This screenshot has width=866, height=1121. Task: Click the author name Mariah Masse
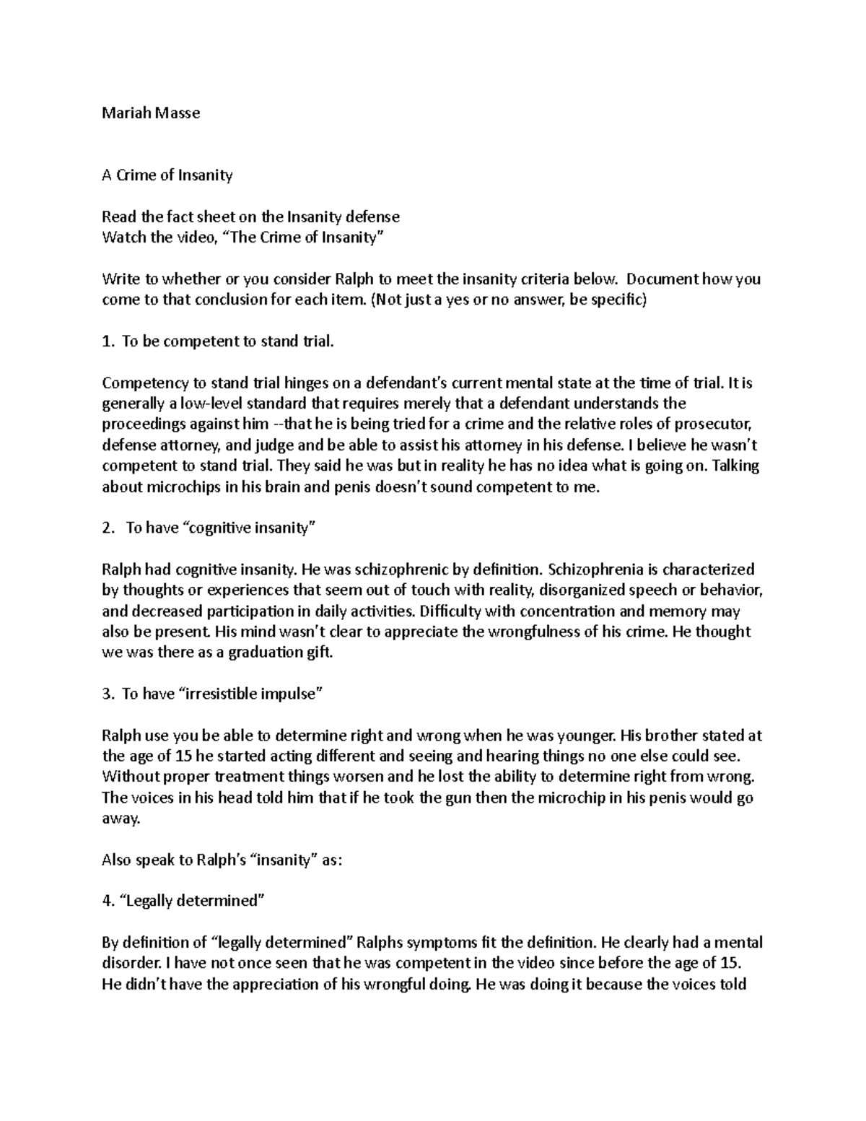pyautogui.click(x=151, y=113)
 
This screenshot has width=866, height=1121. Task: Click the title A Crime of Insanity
pyautogui.click(x=167, y=175)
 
